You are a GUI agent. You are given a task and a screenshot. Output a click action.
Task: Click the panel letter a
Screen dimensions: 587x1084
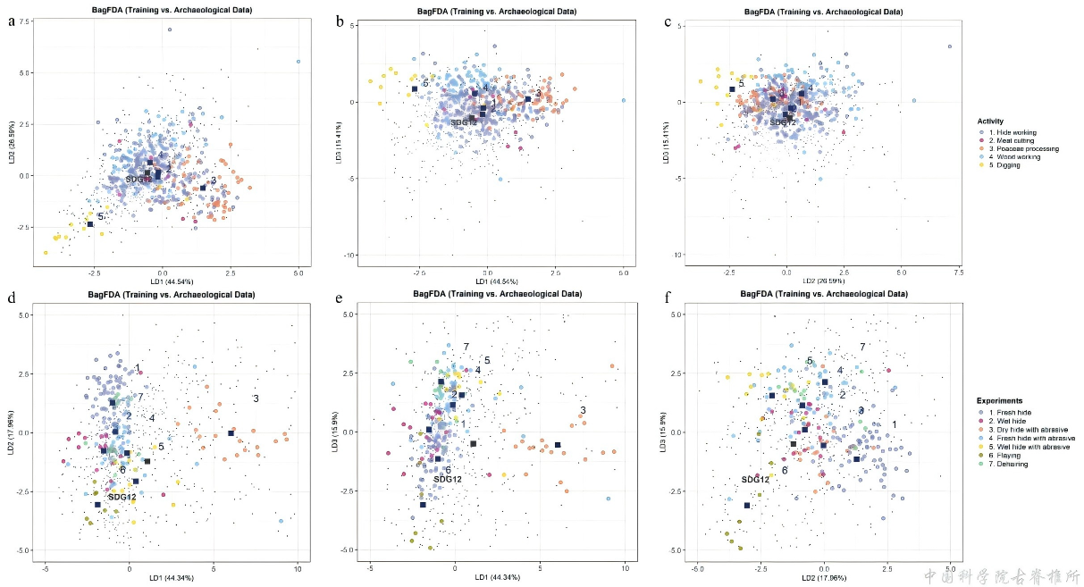(x=12, y=20)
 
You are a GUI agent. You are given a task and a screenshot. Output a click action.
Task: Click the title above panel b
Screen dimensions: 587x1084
(x=498, y=11)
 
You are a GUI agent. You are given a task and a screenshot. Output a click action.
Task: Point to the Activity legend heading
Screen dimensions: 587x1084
(x=990, y=122)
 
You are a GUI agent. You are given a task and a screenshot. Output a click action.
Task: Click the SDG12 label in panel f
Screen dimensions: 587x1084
(x=755, y=480)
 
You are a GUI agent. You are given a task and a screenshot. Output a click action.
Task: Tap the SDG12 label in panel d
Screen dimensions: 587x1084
(x=122, y=497)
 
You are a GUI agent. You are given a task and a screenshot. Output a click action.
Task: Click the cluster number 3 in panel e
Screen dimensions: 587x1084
(x=583, y=411)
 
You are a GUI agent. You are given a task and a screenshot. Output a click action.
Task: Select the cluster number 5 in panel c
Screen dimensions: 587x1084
(x=741, y=83)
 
